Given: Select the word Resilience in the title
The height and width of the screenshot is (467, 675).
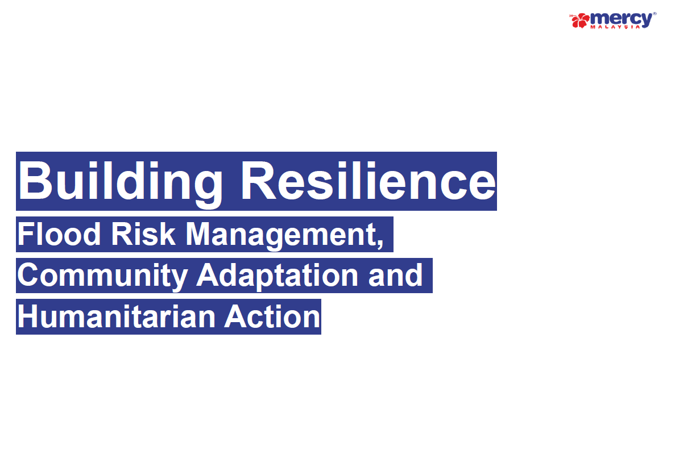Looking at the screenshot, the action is (x=368, y=181).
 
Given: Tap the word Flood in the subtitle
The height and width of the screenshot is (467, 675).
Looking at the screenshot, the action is (x=59, y=235).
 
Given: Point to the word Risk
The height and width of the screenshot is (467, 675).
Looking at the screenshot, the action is (x=143, y=235).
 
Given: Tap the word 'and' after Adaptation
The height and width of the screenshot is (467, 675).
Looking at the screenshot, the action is (x=395, y=276).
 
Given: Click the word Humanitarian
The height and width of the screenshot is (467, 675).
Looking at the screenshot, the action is (x=116, y=317).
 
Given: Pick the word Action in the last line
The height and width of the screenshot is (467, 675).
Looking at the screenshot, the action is (x=272, y=317).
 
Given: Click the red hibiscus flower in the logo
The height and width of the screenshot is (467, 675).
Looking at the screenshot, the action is (x=580, y=20).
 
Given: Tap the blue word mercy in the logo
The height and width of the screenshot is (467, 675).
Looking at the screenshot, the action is (x=622, y=19).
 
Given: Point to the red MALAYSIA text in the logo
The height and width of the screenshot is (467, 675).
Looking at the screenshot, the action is (x=615, y=27).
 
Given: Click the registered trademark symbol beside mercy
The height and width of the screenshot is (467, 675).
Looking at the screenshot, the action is (x=655, y=14).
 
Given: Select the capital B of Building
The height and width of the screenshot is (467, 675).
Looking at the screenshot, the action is (x=35, y=181).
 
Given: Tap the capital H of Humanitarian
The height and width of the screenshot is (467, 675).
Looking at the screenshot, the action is (x=28, y=317).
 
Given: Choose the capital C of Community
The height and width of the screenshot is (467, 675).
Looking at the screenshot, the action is (x=28, y=276).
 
